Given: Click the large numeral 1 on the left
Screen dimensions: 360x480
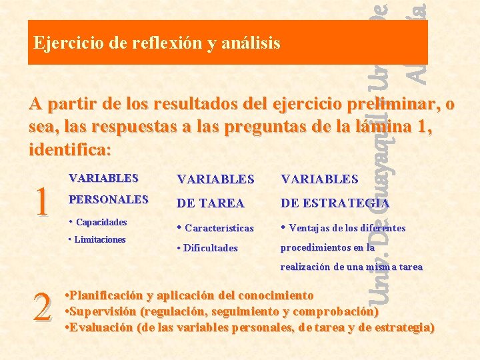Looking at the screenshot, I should click(41, 201).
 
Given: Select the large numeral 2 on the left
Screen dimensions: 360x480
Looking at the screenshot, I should click(42, 307).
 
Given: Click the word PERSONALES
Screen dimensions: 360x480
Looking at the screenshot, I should click(109, 199).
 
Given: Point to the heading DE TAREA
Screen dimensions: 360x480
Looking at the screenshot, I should click(210, 203).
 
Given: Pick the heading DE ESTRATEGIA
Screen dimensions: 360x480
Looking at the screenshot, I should click(335, 203).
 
